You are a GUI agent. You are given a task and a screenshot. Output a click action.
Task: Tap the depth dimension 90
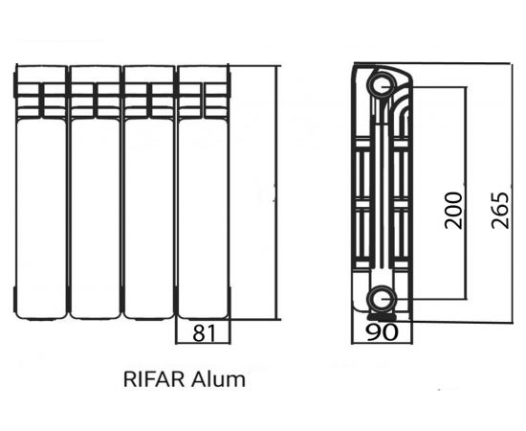click(x=383, y=332)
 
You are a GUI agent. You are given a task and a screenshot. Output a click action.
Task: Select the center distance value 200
click(x=453, y=209)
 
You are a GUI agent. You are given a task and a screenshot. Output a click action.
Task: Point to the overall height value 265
click(x=499, y=208)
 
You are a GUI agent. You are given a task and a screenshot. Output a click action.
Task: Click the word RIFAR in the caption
click(x=153, y=379)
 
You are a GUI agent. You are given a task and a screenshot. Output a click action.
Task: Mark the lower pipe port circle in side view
click(x=383, y=298)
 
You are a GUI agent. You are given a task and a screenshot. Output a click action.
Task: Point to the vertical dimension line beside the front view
click(x=276, y=192)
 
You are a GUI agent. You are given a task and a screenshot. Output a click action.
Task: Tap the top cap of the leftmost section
click(x=40, y=75)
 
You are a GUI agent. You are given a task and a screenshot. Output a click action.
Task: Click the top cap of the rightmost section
click(x=204, y=75)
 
